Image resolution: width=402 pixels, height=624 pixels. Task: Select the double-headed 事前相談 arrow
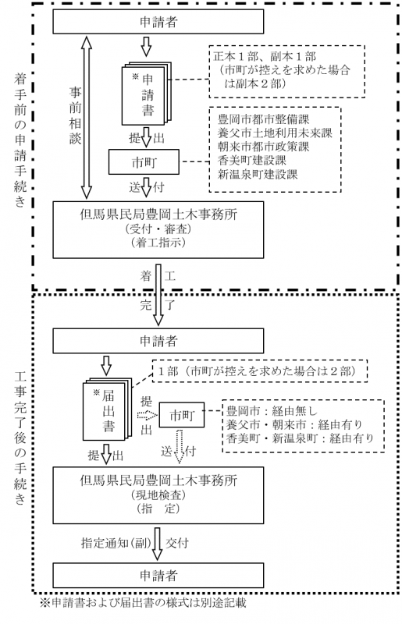86,117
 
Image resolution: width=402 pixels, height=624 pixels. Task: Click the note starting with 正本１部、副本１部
288,69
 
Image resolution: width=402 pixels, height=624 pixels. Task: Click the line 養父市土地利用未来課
276,133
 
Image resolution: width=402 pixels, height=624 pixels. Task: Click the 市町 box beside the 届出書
182,412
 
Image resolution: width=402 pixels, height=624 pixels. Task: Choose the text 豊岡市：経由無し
265,409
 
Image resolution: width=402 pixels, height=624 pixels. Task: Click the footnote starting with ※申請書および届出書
143,603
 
